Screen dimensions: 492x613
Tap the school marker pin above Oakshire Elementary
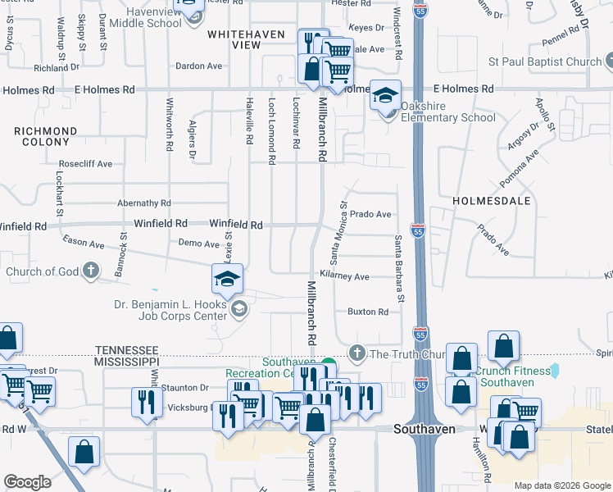(x=385, y=97)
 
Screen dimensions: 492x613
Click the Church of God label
(x=43, y=271)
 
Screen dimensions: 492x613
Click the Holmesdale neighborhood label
(x=492, y=200)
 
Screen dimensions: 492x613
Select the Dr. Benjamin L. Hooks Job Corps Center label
(x=170, y=308)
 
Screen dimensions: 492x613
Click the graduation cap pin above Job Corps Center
(x=228, y=280)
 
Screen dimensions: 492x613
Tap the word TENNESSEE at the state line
(x=126, y=348)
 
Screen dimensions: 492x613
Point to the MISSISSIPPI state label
(x=126, y=361)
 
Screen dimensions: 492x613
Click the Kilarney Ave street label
(x=345, y=276)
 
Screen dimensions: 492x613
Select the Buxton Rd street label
(x=367, y=312)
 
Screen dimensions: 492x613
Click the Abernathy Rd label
(x=143, y=203)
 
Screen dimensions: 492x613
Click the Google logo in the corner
(x=27, y=482)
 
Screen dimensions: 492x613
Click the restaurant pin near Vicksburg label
(x=144, y=403)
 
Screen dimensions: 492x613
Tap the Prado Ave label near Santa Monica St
(x=370, y=214)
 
